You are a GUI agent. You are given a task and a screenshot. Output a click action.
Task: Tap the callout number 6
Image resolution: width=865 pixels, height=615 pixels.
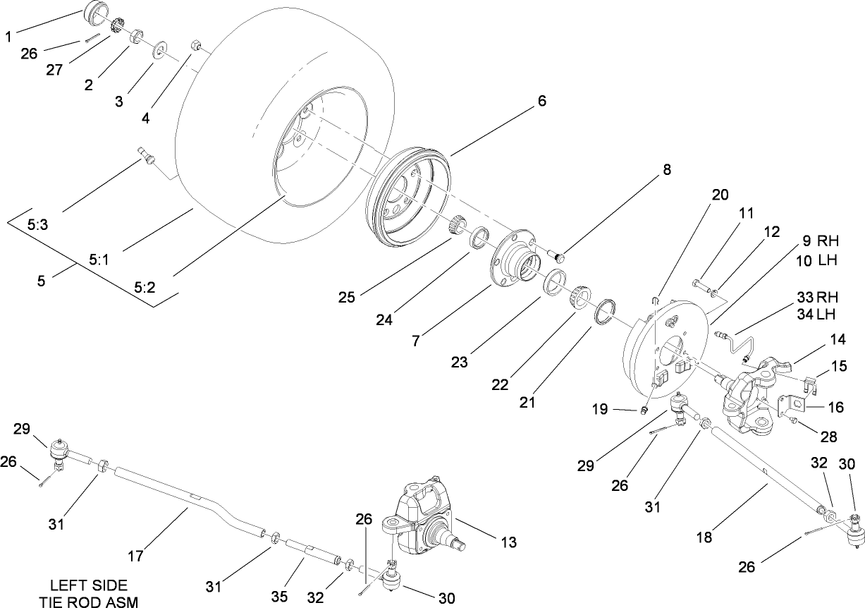click(x=541, y=101)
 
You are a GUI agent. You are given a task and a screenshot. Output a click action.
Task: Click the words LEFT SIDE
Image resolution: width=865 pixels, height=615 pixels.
click(x=89, y=585)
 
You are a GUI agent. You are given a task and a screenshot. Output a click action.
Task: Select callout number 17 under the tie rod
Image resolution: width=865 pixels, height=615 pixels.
click(x=135, y=556)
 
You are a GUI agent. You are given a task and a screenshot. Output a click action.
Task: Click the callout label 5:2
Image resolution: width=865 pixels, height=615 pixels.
click(x=145, y=288)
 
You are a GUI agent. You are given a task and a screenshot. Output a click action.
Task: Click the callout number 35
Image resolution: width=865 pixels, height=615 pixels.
click(x=280, y=597)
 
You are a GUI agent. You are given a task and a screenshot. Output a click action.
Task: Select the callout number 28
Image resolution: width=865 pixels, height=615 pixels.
click(x=828, y=437)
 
